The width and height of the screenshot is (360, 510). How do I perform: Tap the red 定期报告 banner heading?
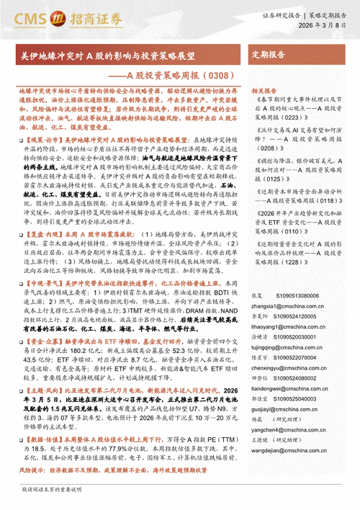tap(268, 54)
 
